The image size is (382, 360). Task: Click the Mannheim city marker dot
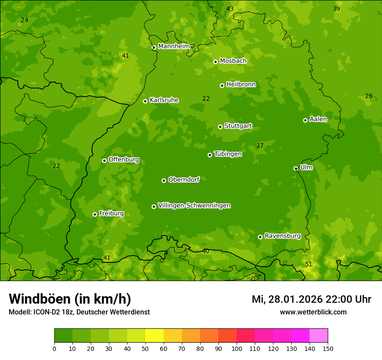pos(154,48)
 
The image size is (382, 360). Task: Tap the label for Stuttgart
pos(238,126)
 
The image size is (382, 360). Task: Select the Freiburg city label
pos(111,213)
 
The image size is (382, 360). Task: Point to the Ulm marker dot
pos(296,168)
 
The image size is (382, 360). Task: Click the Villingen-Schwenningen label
pos(194,206)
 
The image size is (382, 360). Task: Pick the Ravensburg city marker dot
pos(260,237)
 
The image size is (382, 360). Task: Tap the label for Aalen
pos(318,119)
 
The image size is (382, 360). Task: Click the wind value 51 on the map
pos(309,264)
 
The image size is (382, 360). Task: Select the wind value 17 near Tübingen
pos(260,145)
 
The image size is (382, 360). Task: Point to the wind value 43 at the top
pos(230,9)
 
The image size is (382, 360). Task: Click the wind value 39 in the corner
pos(336,9)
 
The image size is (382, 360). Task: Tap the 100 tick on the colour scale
pos(237,348)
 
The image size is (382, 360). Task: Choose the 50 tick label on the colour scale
pos(145,348)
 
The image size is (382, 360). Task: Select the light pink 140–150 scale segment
pos(319,336)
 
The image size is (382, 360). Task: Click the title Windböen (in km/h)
pos(70,299)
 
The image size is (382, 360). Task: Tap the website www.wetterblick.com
pos(313,312)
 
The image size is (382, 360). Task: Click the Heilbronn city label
pos(241,85)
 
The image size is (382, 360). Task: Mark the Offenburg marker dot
pos(104,160)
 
